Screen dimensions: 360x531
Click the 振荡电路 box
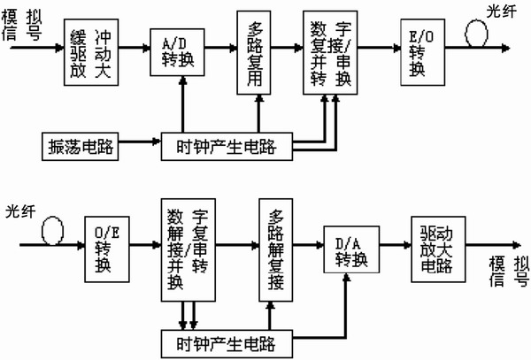[x=81, y=142]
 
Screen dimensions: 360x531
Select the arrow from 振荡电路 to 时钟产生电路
[x=137, y=142]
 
